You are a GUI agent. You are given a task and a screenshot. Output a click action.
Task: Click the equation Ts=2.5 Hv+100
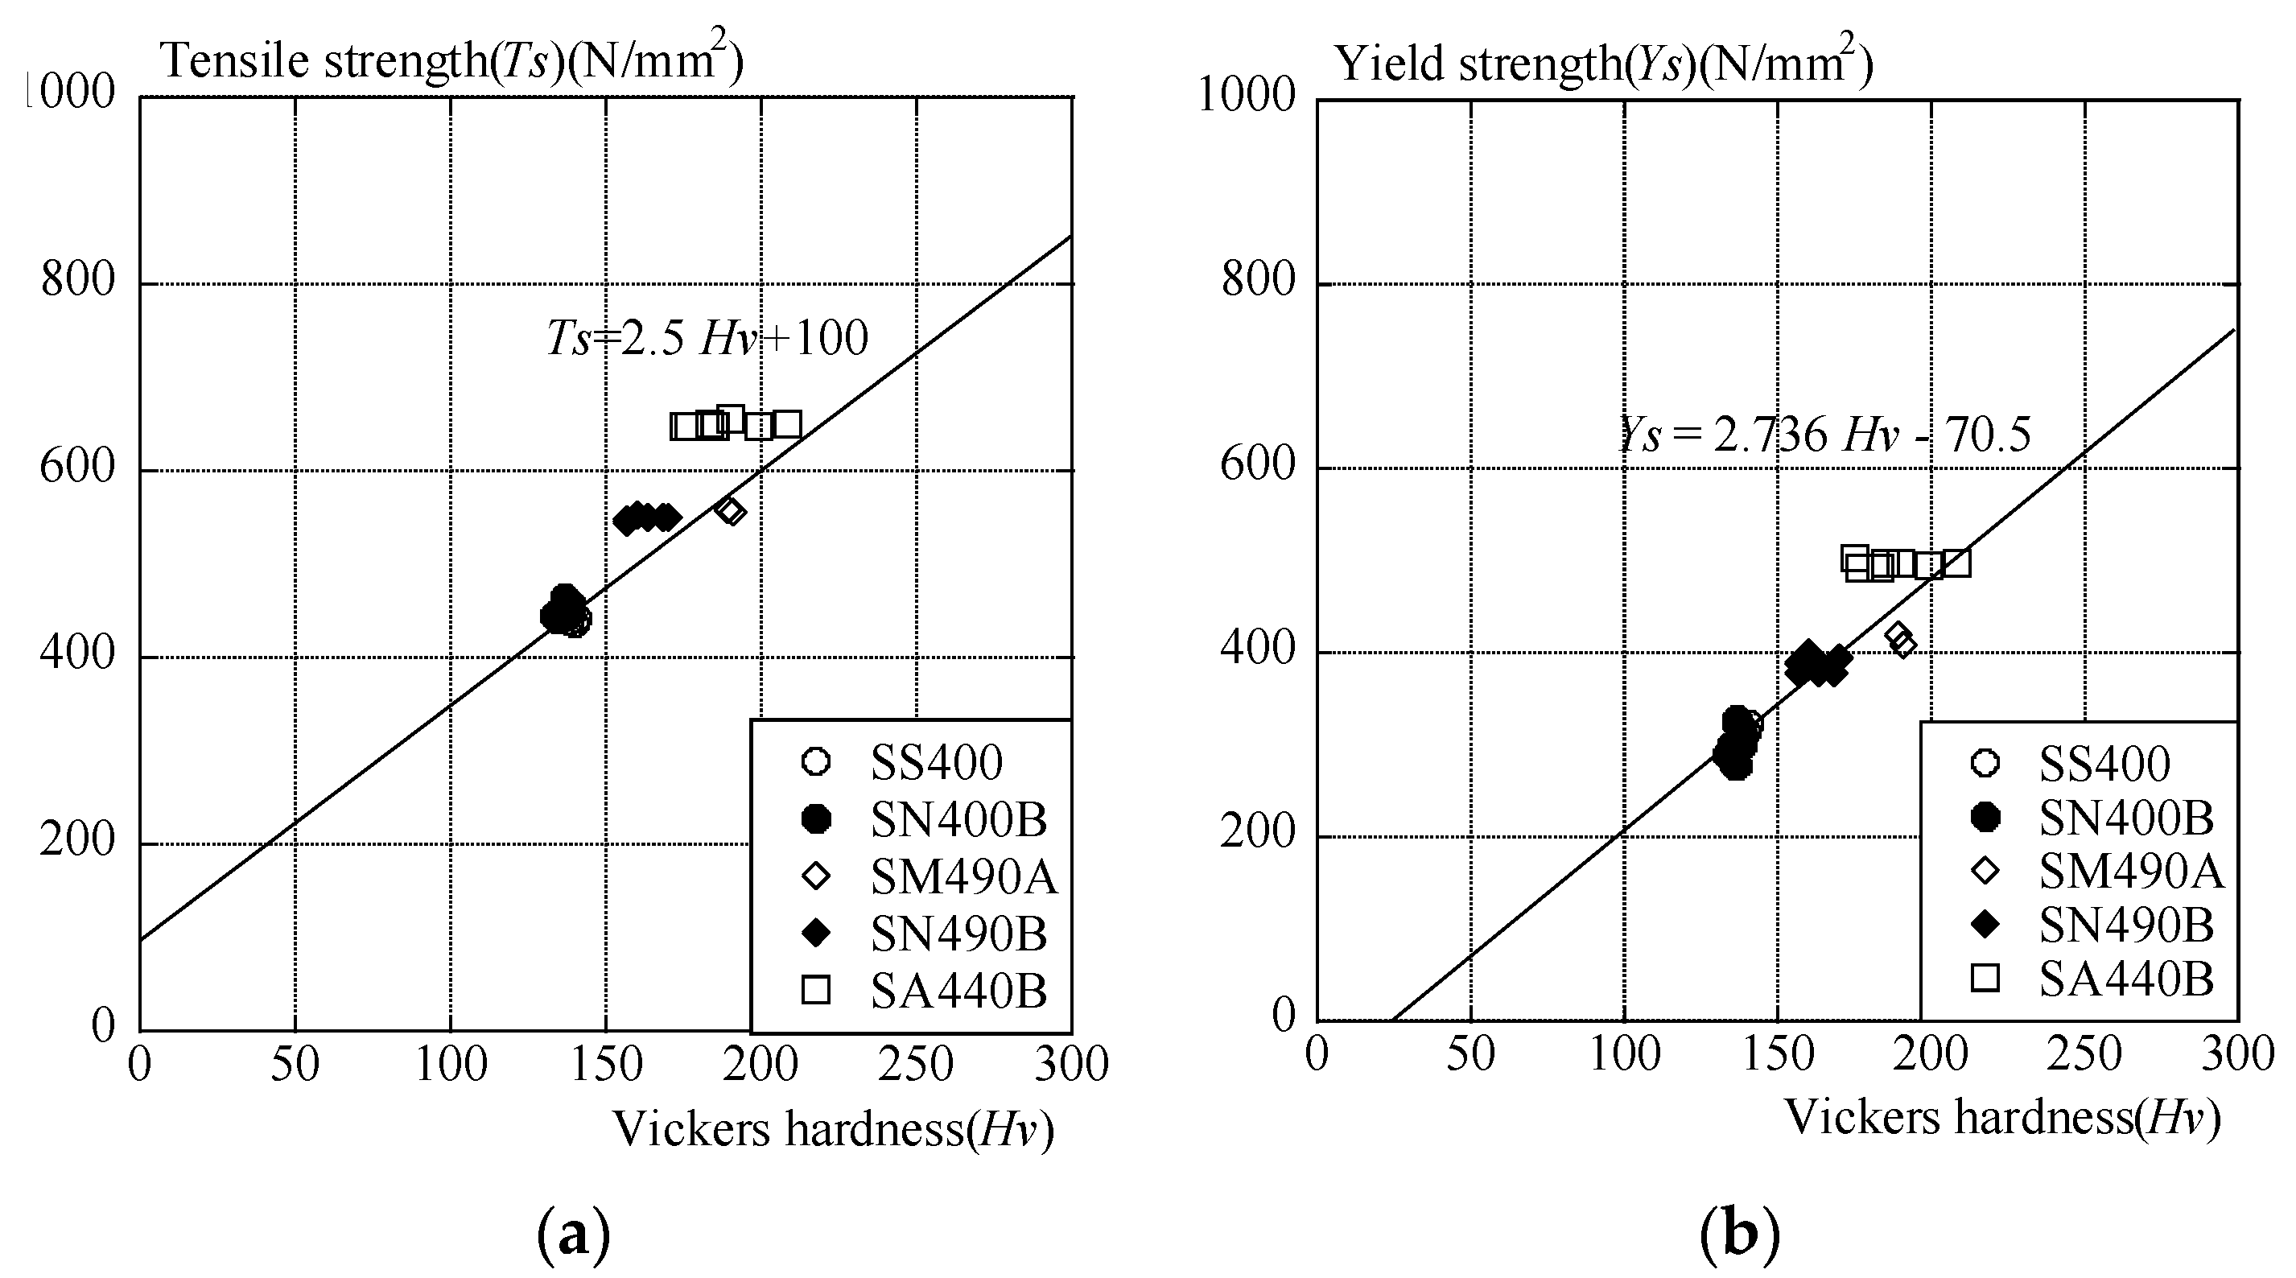[707, 339]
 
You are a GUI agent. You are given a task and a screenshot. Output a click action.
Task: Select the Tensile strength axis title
[453, 60]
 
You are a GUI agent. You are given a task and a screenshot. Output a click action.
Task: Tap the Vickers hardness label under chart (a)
[834, 1129]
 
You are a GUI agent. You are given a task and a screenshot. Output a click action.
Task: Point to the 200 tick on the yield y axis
[1257, 833]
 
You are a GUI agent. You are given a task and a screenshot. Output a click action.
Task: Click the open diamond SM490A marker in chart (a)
[731, 511]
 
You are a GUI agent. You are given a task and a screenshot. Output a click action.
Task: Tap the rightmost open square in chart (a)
[786, 424]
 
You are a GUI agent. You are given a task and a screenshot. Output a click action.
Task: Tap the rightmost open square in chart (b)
[1956, 563]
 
